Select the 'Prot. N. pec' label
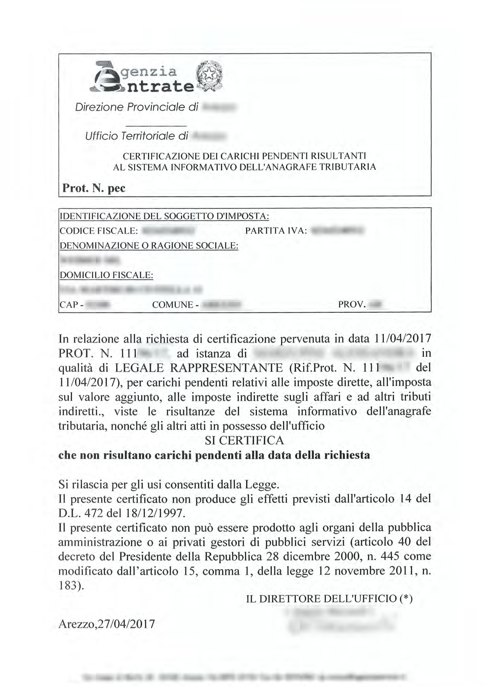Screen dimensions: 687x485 coord(94,188)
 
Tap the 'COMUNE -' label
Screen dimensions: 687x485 coord(175,305)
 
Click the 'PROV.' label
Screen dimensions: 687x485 coord(352,305)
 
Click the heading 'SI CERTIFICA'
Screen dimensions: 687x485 coord(244,441)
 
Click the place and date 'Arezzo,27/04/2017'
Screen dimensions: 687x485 coord(107,624)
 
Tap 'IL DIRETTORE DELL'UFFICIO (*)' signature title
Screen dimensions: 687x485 coord(329,599)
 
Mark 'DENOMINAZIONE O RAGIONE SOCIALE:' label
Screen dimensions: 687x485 coord(150,246)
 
